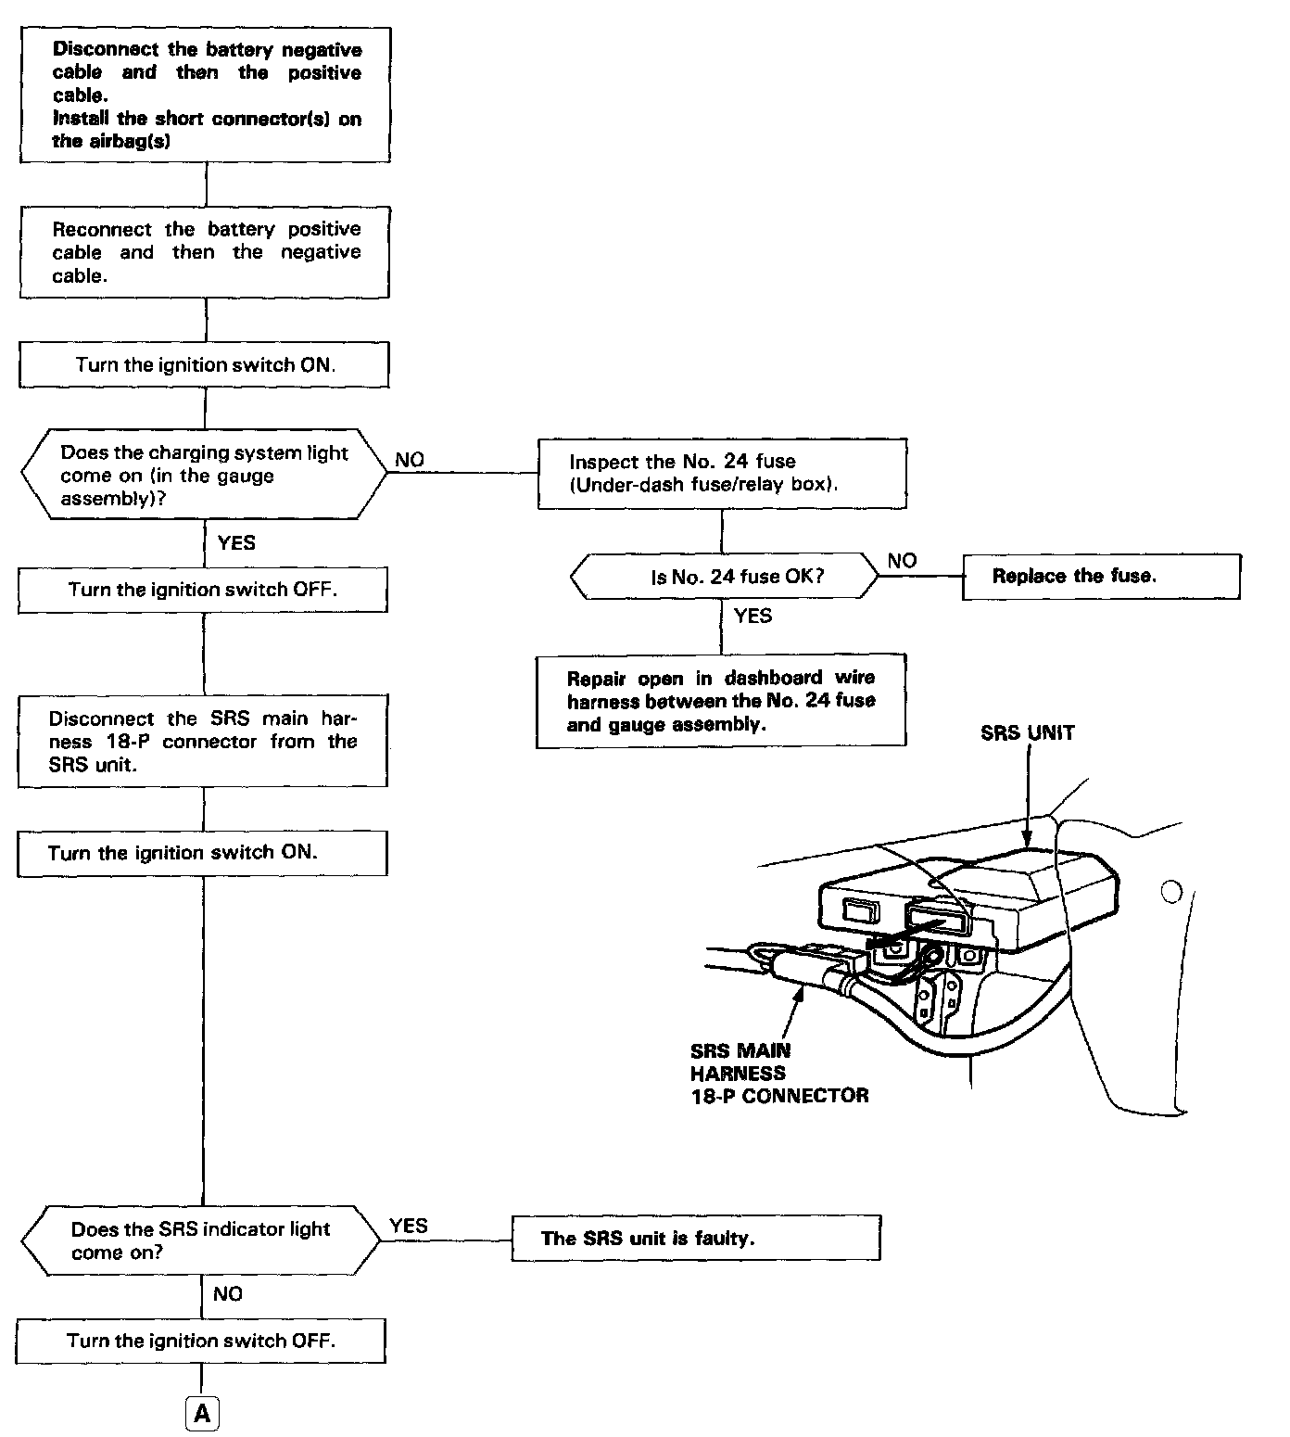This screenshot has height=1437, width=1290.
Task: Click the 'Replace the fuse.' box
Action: pos(1101,576)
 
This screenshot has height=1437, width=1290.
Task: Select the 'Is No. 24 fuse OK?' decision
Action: pos(724,577)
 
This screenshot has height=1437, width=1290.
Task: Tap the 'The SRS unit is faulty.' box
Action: pos(696,1239)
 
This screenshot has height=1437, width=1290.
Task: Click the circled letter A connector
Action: pos(203,1415)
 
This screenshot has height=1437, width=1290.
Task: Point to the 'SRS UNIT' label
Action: pos(1027,733)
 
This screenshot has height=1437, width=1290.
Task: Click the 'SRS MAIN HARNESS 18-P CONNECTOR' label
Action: pos(779,1074)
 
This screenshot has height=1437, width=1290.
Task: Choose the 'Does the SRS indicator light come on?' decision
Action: pos(200,1240)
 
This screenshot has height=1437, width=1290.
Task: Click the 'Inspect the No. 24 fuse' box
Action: pos(722,473)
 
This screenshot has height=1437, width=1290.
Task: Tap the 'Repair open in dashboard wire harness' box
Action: pos(721,701)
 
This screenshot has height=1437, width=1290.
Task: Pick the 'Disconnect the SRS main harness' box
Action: pos(203,742)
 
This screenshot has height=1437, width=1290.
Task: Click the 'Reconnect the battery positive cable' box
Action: pos(205,252)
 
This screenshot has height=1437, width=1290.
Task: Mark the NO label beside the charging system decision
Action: pos(409,460)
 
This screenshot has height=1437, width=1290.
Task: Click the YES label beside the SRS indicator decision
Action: pos(408,1226)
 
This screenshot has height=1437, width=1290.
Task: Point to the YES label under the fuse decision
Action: pos(752,616)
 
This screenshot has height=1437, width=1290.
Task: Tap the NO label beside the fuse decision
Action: pos(902,561)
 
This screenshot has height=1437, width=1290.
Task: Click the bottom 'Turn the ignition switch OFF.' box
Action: pos(201,1341)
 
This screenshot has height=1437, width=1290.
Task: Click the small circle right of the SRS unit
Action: pos(1170,892)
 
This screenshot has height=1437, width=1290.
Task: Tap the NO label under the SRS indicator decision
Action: pos(227,1293)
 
